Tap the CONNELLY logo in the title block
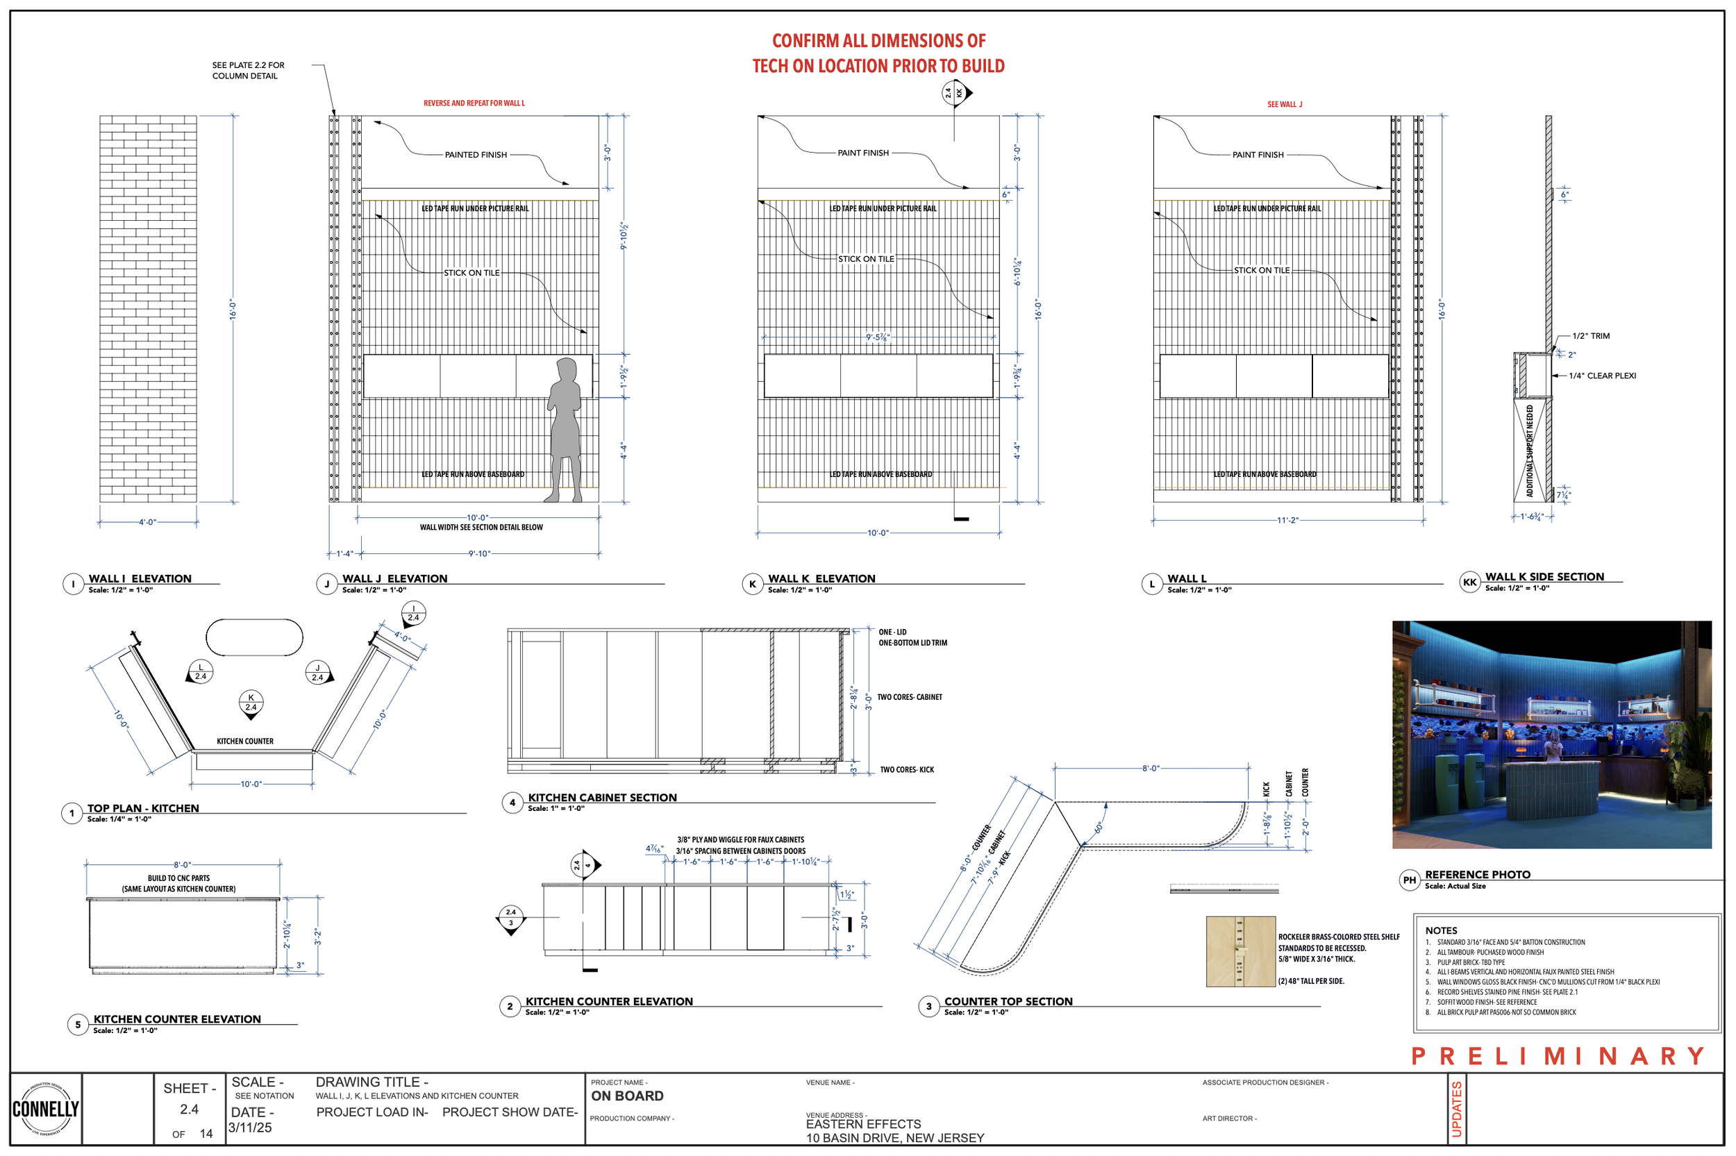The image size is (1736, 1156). coord(45,1108)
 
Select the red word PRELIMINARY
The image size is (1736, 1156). coord(1556,1056)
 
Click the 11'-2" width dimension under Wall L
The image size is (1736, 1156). coord(1287,520)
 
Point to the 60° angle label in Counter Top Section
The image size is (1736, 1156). coord(1099,827)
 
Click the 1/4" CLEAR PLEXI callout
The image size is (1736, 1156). coord(1601,376)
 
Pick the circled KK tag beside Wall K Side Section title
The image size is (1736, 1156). coord(1469,583)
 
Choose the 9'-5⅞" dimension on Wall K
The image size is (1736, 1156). coord(877,337)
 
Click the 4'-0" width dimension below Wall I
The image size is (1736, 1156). coord(147,522)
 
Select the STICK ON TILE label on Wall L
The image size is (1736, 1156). coord(1261,271)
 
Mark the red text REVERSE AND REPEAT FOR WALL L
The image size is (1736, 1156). coord(474,103)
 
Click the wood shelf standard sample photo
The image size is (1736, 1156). coord(1240,951)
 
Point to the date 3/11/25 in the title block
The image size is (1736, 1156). coord(250,1128)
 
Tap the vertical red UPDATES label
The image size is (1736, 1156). coord(1456,1109)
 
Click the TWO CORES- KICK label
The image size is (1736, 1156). coord(906,770)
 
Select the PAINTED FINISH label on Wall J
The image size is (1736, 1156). coord(476,155)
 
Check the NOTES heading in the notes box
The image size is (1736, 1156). coord(1440,930)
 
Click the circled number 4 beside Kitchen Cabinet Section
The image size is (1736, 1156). coord(512,802)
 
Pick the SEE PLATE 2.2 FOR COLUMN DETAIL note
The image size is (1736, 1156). coord(248,70)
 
